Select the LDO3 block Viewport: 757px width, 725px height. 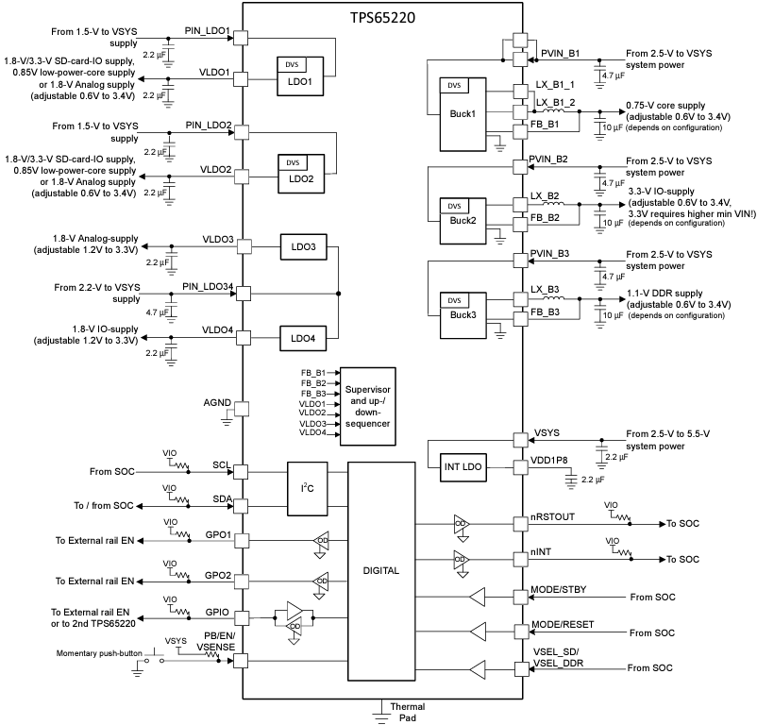click(x=302, y=246)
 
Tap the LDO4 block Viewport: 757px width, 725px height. click(x=302, y=337)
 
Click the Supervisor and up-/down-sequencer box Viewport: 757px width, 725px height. click(x=366, y=405)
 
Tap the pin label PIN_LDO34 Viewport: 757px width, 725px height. click(x=208, y=286)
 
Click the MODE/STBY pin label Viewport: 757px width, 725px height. click(x=559, y=591)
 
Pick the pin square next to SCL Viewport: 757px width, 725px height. click(x=240, y=471)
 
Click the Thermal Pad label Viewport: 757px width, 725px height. click(x=407, y=713)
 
